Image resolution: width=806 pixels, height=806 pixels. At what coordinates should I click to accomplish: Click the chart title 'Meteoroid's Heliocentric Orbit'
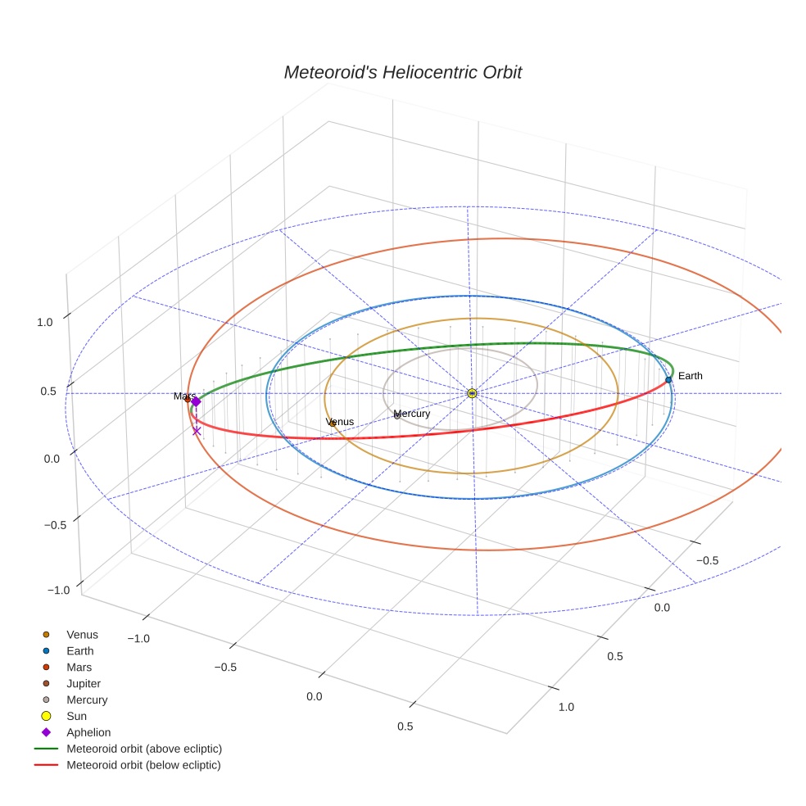coord(402,72)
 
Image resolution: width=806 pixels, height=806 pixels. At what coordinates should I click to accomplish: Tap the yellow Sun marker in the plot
coord(472,393)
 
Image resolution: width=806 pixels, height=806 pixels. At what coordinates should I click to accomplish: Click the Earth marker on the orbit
coord(668,379)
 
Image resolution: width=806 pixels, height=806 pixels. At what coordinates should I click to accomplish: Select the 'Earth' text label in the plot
coord(690,376)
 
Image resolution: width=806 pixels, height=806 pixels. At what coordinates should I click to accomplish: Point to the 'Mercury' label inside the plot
coord(411,414)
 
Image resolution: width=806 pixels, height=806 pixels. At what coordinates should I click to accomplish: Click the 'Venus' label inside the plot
coord(340,422)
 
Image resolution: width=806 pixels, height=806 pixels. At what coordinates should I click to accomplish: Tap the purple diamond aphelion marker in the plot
coord(196,401)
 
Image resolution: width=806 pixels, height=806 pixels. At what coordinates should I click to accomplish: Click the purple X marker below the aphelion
coord(197,431)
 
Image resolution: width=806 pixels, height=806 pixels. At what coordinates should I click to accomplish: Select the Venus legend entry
coord(82,634)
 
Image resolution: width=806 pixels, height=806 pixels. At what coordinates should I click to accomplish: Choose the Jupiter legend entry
coord(84,683)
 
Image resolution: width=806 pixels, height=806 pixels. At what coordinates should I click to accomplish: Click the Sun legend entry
coord(76,716)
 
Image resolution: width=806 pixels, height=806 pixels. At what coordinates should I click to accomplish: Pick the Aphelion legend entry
coord(88,732)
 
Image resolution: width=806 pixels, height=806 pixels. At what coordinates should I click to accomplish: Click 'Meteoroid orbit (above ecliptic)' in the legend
coord(143,749)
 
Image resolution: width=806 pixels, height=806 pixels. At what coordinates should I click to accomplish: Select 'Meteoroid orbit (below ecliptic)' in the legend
coord(143,765)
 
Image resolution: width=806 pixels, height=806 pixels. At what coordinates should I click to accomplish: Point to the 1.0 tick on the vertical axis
coord(44,323)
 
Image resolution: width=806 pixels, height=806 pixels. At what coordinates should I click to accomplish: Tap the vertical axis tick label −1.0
coord(58,591)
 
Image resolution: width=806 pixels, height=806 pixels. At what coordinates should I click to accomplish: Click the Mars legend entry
coord(79,667)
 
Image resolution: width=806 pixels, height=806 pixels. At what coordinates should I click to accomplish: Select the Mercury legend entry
coord(86,700)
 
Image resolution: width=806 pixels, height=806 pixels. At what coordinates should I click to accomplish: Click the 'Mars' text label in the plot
coord(183,396)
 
